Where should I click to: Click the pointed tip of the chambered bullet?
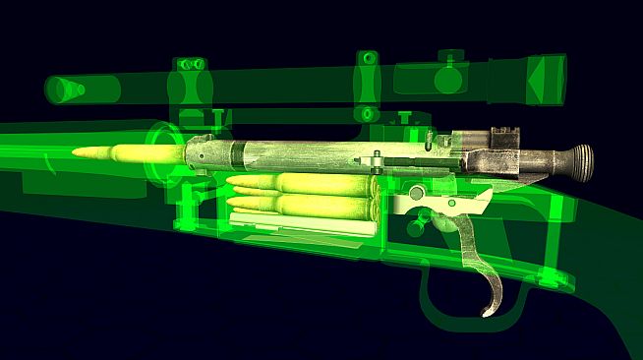[x=74, y=151]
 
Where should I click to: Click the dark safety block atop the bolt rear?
[x=506, y=139]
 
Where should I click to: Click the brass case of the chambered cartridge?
[x=147, y=152]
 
